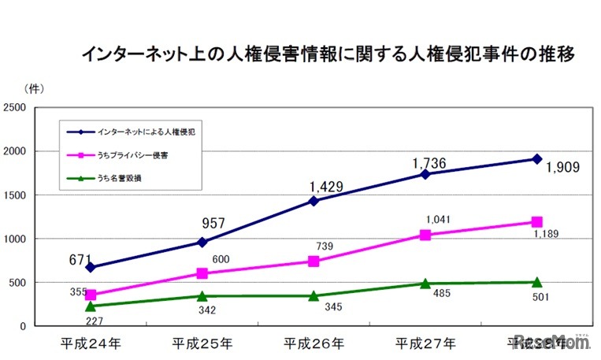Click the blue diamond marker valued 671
pos(91,267)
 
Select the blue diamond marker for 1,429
pos(313,201)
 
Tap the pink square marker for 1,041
pos(425,235)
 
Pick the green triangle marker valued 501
pos(536,282)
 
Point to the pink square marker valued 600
pos(202,273)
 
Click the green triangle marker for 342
pos(202,296)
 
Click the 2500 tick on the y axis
pos(16,107)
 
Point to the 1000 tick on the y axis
pos(16,239)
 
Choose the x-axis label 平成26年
pos(313,343)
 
